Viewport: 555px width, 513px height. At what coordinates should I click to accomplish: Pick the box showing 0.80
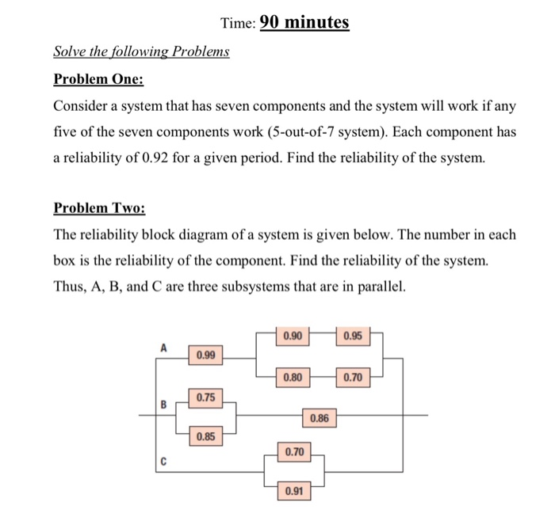click(292, 378)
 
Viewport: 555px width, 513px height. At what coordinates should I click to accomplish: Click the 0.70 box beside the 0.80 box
click(354, 378)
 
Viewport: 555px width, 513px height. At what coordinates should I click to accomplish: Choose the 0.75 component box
click(206, 397)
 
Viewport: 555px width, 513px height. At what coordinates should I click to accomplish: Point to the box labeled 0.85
click(206, 435)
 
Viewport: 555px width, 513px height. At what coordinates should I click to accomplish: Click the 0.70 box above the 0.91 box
click(294, 452)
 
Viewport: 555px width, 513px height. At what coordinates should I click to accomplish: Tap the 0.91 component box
click(293, 492)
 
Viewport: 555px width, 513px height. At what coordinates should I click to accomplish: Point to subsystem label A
click(165, 347)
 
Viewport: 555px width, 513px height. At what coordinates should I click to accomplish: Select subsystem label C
click(164, 460)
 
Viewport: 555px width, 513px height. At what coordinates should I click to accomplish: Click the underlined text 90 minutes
click(304, 23)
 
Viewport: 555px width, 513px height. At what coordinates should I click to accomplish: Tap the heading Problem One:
click(98, 80)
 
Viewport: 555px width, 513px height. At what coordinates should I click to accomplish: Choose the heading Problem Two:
click(99, 208)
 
